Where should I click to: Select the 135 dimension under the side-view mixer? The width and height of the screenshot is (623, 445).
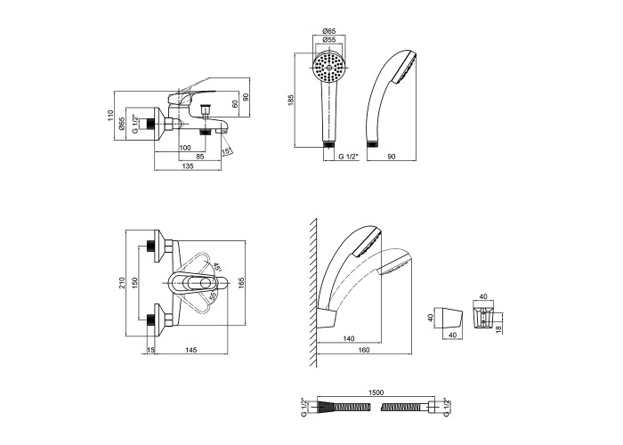tap(187, 166)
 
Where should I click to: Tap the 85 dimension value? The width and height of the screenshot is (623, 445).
tap(201, 157)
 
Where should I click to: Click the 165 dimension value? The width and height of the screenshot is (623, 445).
tap(242, 284)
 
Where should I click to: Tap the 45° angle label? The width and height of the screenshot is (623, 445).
tap(216, 265)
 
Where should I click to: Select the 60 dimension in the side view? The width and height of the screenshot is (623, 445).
tap(234, 102)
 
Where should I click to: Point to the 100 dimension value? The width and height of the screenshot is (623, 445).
tap(185, 147)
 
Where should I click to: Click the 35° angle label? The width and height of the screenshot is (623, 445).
tap(213, 297)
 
